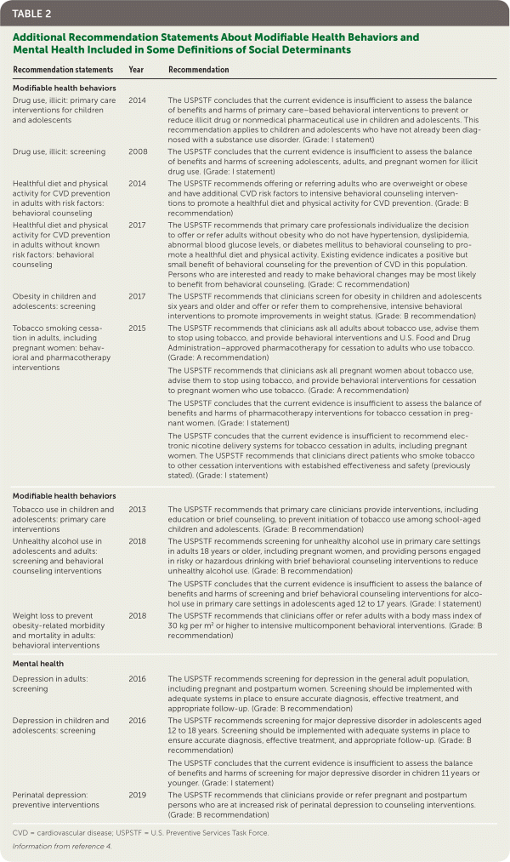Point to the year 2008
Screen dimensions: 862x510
(x=137, y=151)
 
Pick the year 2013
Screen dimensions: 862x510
(x=137, y=509)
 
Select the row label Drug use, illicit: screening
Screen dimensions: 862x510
(x=59, y=151)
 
